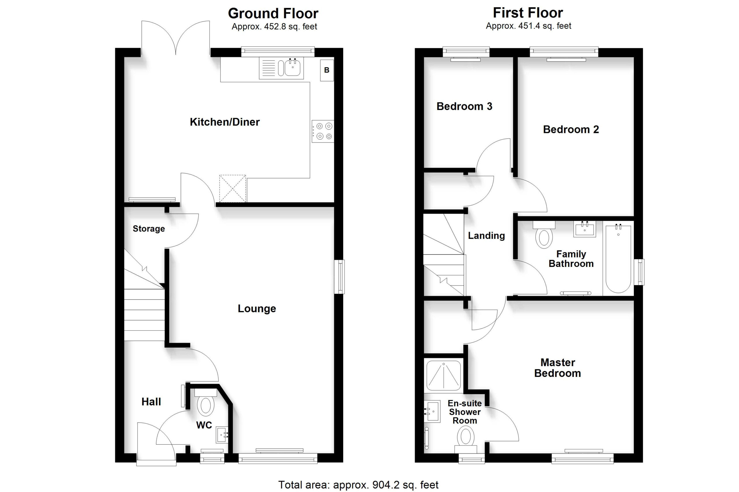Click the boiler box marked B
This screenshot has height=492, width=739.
tap(327, 70)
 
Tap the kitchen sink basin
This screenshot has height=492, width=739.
tap(292, 68)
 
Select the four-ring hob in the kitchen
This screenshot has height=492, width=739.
tap(322, 131)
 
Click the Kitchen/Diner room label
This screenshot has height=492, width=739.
tap(225, 122)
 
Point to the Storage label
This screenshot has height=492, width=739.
tap(149, 229)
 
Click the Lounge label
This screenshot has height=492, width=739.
tap(257, 308)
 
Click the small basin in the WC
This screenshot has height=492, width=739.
tap(222, 435)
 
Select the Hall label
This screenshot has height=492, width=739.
tap(151, 402)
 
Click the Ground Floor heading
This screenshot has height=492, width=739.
tap(273, 14)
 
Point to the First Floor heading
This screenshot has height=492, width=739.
tap(528, 13)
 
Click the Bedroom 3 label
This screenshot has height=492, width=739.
tap(464, 106)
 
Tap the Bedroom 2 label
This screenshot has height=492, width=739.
tap(571, 129)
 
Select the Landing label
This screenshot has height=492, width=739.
tap(486, 236)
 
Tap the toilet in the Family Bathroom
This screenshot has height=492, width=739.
tap(544, 235)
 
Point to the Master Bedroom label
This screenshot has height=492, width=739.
tap(557, 368)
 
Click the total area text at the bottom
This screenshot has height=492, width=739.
tap(358, 485)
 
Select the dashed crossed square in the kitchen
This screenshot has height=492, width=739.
tap(233, 189)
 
